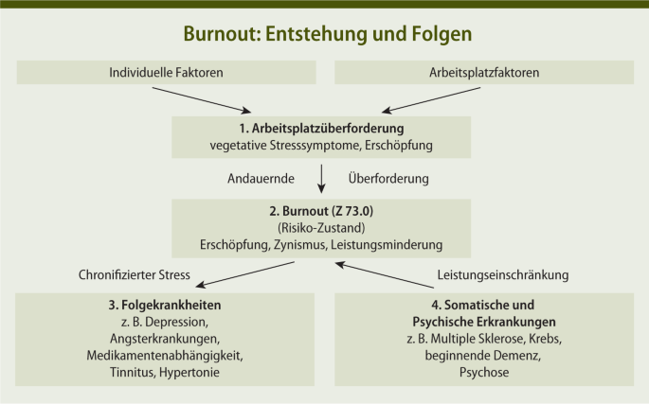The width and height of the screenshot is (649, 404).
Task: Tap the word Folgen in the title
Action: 441,33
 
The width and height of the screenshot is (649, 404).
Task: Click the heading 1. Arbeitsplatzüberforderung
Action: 322,128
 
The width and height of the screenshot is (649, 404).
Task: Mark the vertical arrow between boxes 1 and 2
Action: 322,178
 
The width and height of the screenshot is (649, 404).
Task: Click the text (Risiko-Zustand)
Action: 322,228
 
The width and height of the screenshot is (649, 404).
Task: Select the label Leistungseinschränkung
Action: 503,276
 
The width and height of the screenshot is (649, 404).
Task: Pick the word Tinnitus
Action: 135,374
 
